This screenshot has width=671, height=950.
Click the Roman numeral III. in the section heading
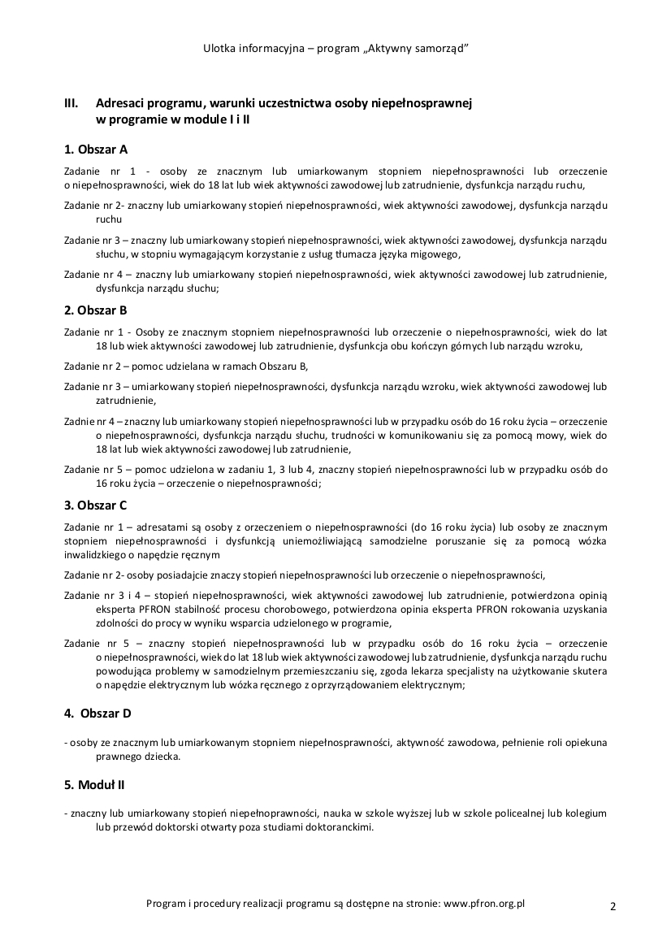click(x=71, y=104)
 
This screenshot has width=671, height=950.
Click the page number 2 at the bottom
click(x=613, y=906)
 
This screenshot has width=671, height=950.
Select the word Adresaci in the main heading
click(x=122, y=104)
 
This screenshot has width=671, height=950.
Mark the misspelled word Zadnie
click(x=79, y=423)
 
